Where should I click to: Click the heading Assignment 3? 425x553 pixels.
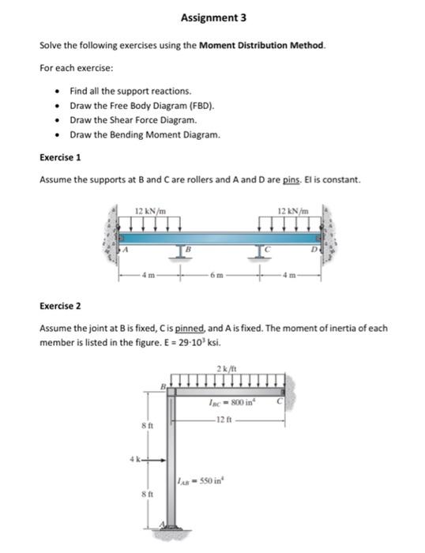pyautogui.click(x=213, y=17)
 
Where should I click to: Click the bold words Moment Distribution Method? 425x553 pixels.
pyautogui.click(x=261, y=46)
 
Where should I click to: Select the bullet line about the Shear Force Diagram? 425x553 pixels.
pyautogui.click(x=134, y=120)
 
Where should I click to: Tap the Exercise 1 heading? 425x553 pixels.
pyautogui.click(x=60, y=158)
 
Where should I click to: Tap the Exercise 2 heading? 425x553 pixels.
pyautogui.click(x=60, y=307)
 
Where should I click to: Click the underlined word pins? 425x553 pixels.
pyautogui.click(x=291, y=180)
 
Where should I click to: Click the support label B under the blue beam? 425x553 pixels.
pyautogui.click(x=188, y=250)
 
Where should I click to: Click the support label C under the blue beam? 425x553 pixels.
pyautogui.click(x=267, y=250)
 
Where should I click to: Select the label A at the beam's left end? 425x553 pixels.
pyautogui.click(x=125, y=250)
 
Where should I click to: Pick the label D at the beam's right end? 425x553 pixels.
pyautogui.click(x=314, y=250)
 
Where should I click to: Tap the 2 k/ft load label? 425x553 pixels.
pyautogui.click(x=227, y=369)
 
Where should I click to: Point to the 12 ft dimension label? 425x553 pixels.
pyautogui.click(x=224, y=419)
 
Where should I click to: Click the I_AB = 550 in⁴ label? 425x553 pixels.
pyautogui.click(x=201, y=480)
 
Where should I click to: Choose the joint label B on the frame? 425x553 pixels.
pyautogui.click(x=164, y=386)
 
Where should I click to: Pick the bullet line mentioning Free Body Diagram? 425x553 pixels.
pyautogui.click(x=142, y=106)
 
